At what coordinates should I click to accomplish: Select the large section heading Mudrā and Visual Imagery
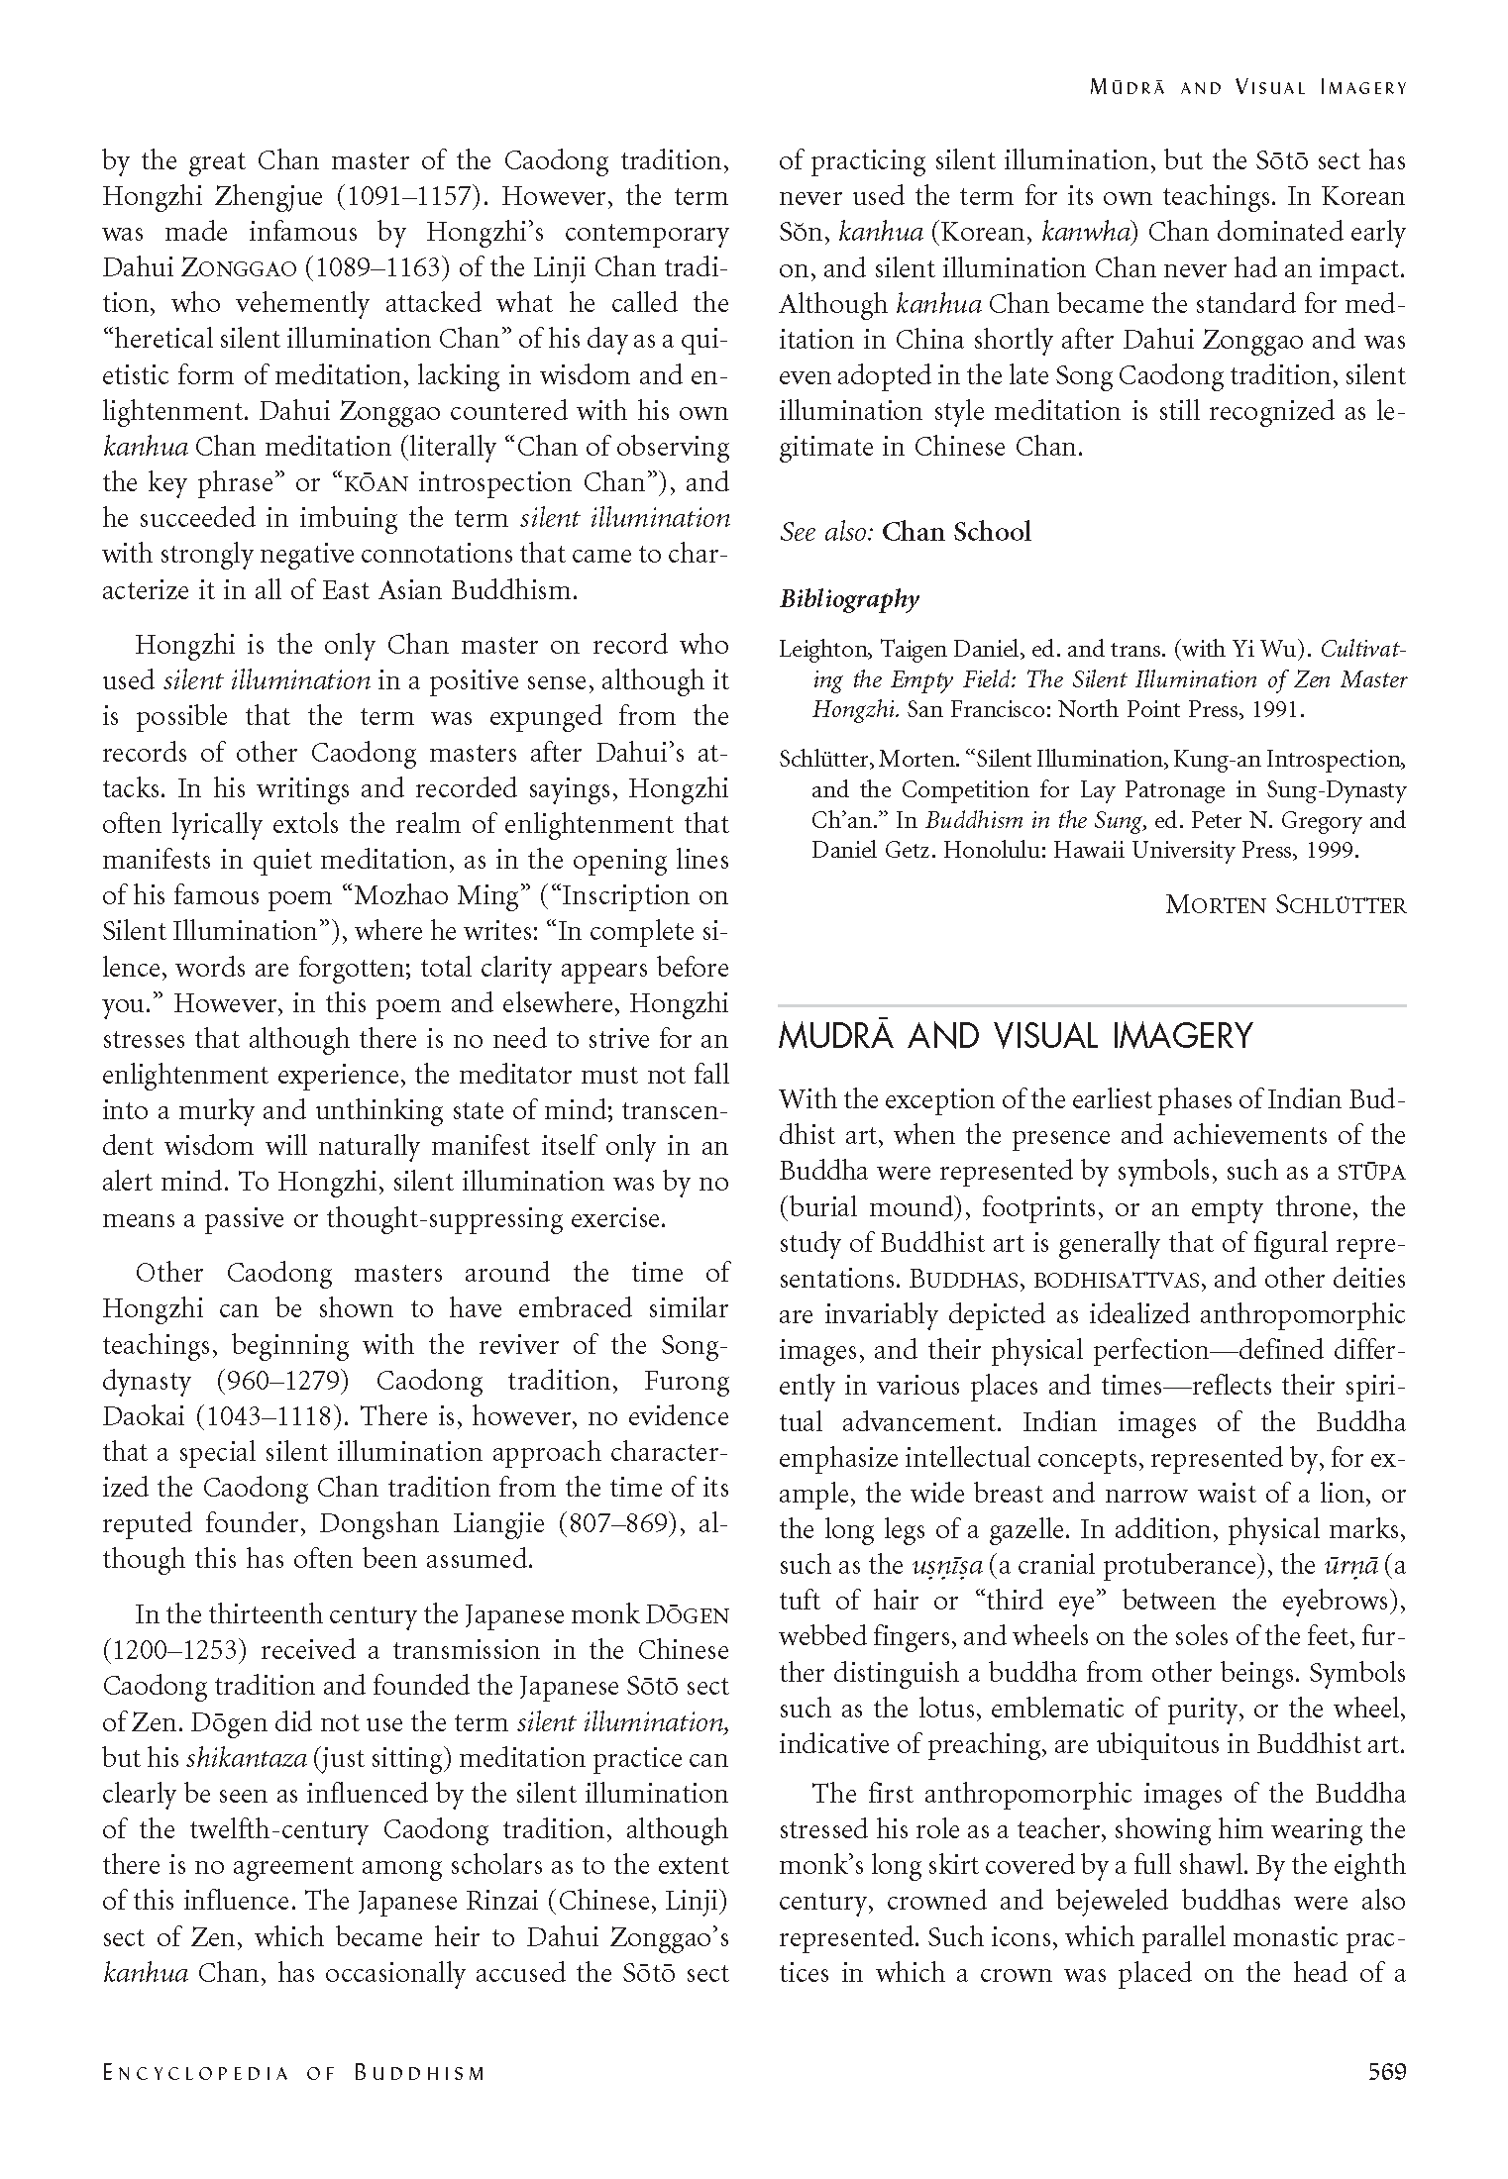pyautogui.click(x=1016, y=1036)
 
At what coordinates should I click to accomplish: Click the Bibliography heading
pyautogui.click(x=849, y=599)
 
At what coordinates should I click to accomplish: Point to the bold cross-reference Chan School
pyautogui.click(x=956, y=532)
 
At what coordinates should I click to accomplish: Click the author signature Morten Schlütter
pyautogui.click(x=1285, y=903)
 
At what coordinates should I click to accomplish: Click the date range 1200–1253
pyautogui.click(x=176, y=1650)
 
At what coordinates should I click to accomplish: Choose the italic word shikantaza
pyautogui.click(x=242, y=1758)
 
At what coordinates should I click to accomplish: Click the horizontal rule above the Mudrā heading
pyautogui.click(x=1092, y=1005)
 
